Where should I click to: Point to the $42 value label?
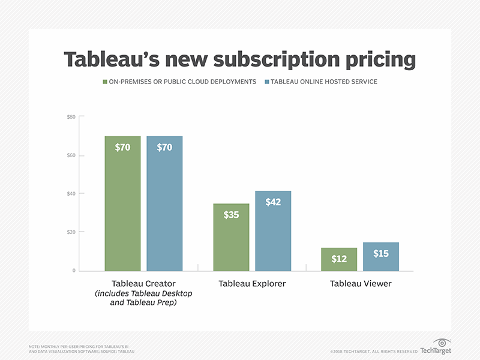(x=273, y=202)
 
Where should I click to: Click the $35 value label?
(x=231, y=214)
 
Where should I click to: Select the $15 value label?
(x=381, y=253)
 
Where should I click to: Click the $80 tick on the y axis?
(x=71, y=116)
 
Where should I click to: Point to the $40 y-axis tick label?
(x=71, y=194)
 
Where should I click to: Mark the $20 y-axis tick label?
(x=71, y=232)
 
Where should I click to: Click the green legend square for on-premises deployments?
(x=105, y=81)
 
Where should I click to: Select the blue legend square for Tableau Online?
(x=266, y=81)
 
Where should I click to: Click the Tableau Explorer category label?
(x=252, y=283)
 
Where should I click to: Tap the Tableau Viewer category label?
(x=361, y=283)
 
